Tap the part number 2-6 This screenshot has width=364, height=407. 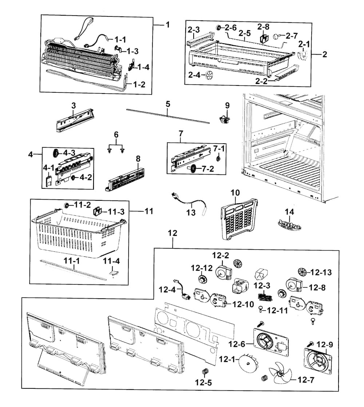(231, 28)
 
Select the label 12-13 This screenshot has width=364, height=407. (322, 272)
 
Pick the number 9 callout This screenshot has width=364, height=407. (227, 106)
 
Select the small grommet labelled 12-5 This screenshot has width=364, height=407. (205, 371)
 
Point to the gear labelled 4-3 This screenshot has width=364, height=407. (56, 153)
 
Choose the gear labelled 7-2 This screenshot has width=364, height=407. (193, 169)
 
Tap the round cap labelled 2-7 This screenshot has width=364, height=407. (277, 36)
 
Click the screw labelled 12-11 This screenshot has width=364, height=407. (261, 309)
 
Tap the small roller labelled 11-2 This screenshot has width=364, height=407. (67, 206)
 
